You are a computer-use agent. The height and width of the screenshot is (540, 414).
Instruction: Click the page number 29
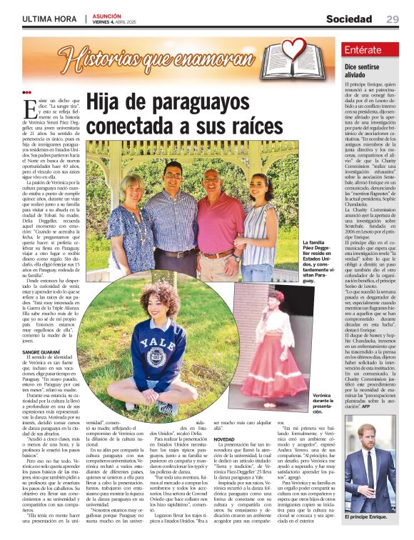click(393, 19)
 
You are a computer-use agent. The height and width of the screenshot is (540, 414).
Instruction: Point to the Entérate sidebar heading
click(363, 50)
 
